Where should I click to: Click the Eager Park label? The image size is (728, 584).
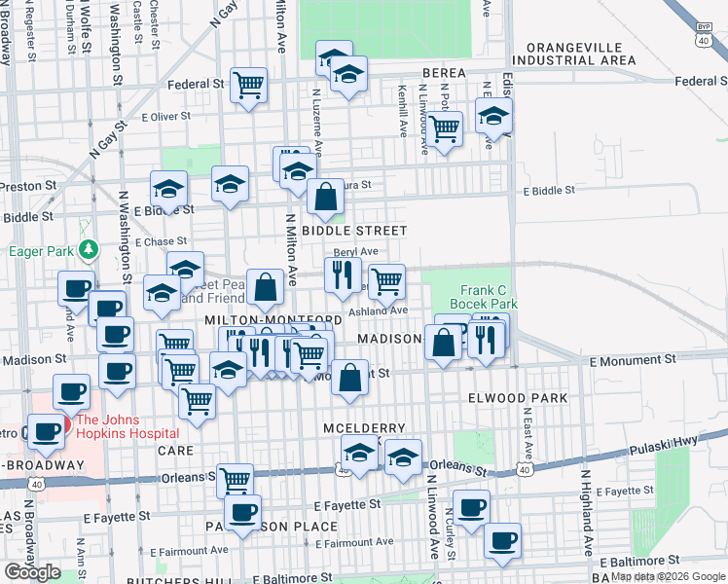tap(41, 251)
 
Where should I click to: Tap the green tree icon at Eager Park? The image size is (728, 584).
tap(89, 250)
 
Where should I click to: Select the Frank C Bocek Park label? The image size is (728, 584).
tap(489, 297)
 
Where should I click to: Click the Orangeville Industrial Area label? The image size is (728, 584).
tap(580, 54)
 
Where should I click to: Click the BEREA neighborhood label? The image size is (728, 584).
tap(445, 74)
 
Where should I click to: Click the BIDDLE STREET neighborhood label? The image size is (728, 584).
tap(353, 231)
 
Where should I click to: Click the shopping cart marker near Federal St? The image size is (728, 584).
tap(249, 85)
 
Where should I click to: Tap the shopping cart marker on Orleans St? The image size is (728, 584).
tap(235, 479)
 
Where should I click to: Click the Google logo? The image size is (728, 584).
tap(33, 572)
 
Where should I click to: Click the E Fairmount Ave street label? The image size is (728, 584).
tap(354, 541)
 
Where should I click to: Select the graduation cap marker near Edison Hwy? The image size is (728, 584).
tap(494, 116)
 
